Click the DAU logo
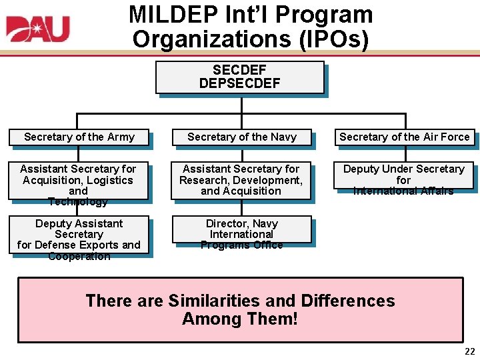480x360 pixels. click(38, 29)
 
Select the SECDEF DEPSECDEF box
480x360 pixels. click(240, 77)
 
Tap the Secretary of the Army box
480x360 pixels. click(79, 137)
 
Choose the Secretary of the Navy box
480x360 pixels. click(241, 137)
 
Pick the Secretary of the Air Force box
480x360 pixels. click(404, 137)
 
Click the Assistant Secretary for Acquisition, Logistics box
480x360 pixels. click(78, 181)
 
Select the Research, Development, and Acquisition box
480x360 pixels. click(241, 180)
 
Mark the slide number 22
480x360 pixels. click(469, 351)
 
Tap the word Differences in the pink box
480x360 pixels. click(347, 301)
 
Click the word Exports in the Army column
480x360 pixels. click(90, 245)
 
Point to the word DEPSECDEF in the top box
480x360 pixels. click(240, 83)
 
